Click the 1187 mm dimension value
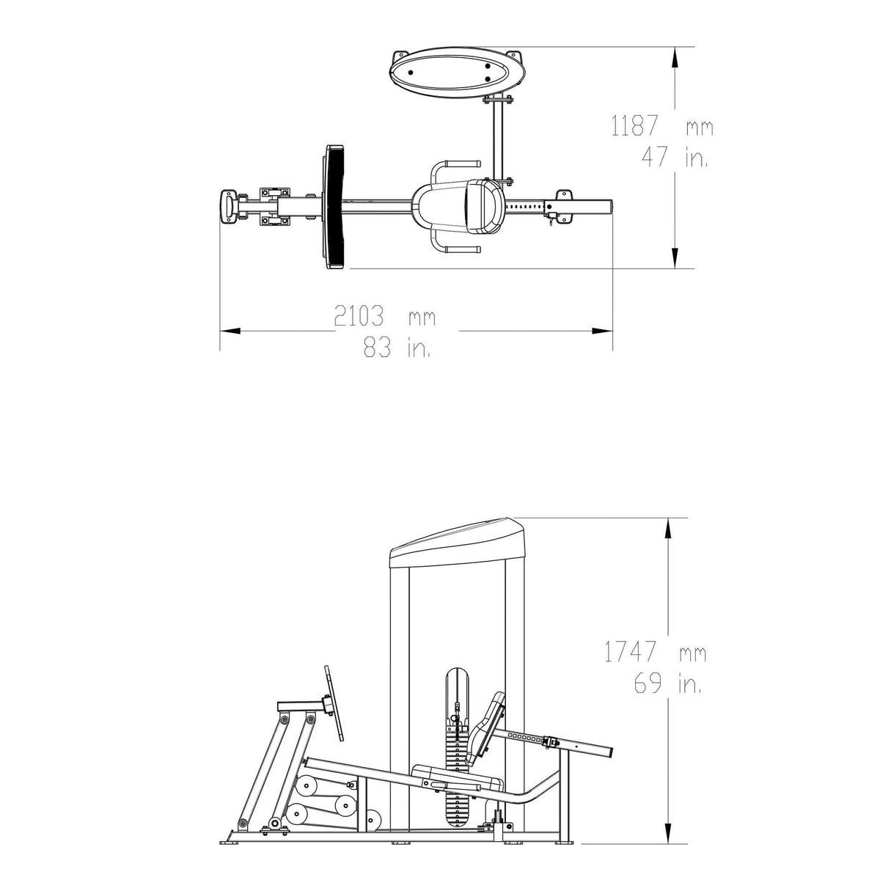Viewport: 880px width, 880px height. [661, 125]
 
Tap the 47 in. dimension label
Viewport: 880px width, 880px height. [675, 158]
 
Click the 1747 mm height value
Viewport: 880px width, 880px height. [656, 652]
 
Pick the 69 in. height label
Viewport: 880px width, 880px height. [667, 683]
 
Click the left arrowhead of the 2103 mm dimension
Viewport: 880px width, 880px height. [230, 331]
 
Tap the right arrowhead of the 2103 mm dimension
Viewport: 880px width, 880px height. [602, 331]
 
